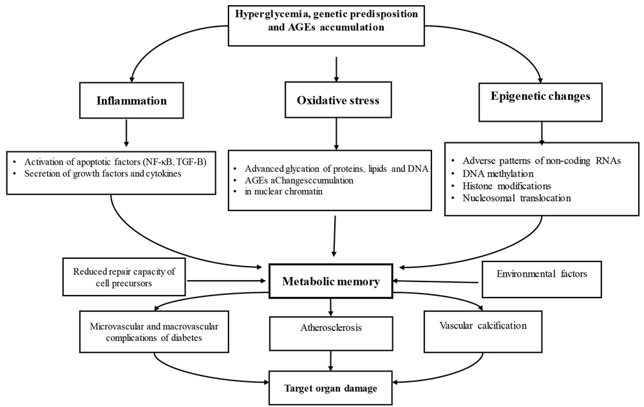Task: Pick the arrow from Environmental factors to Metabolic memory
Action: tap(437, 281)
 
